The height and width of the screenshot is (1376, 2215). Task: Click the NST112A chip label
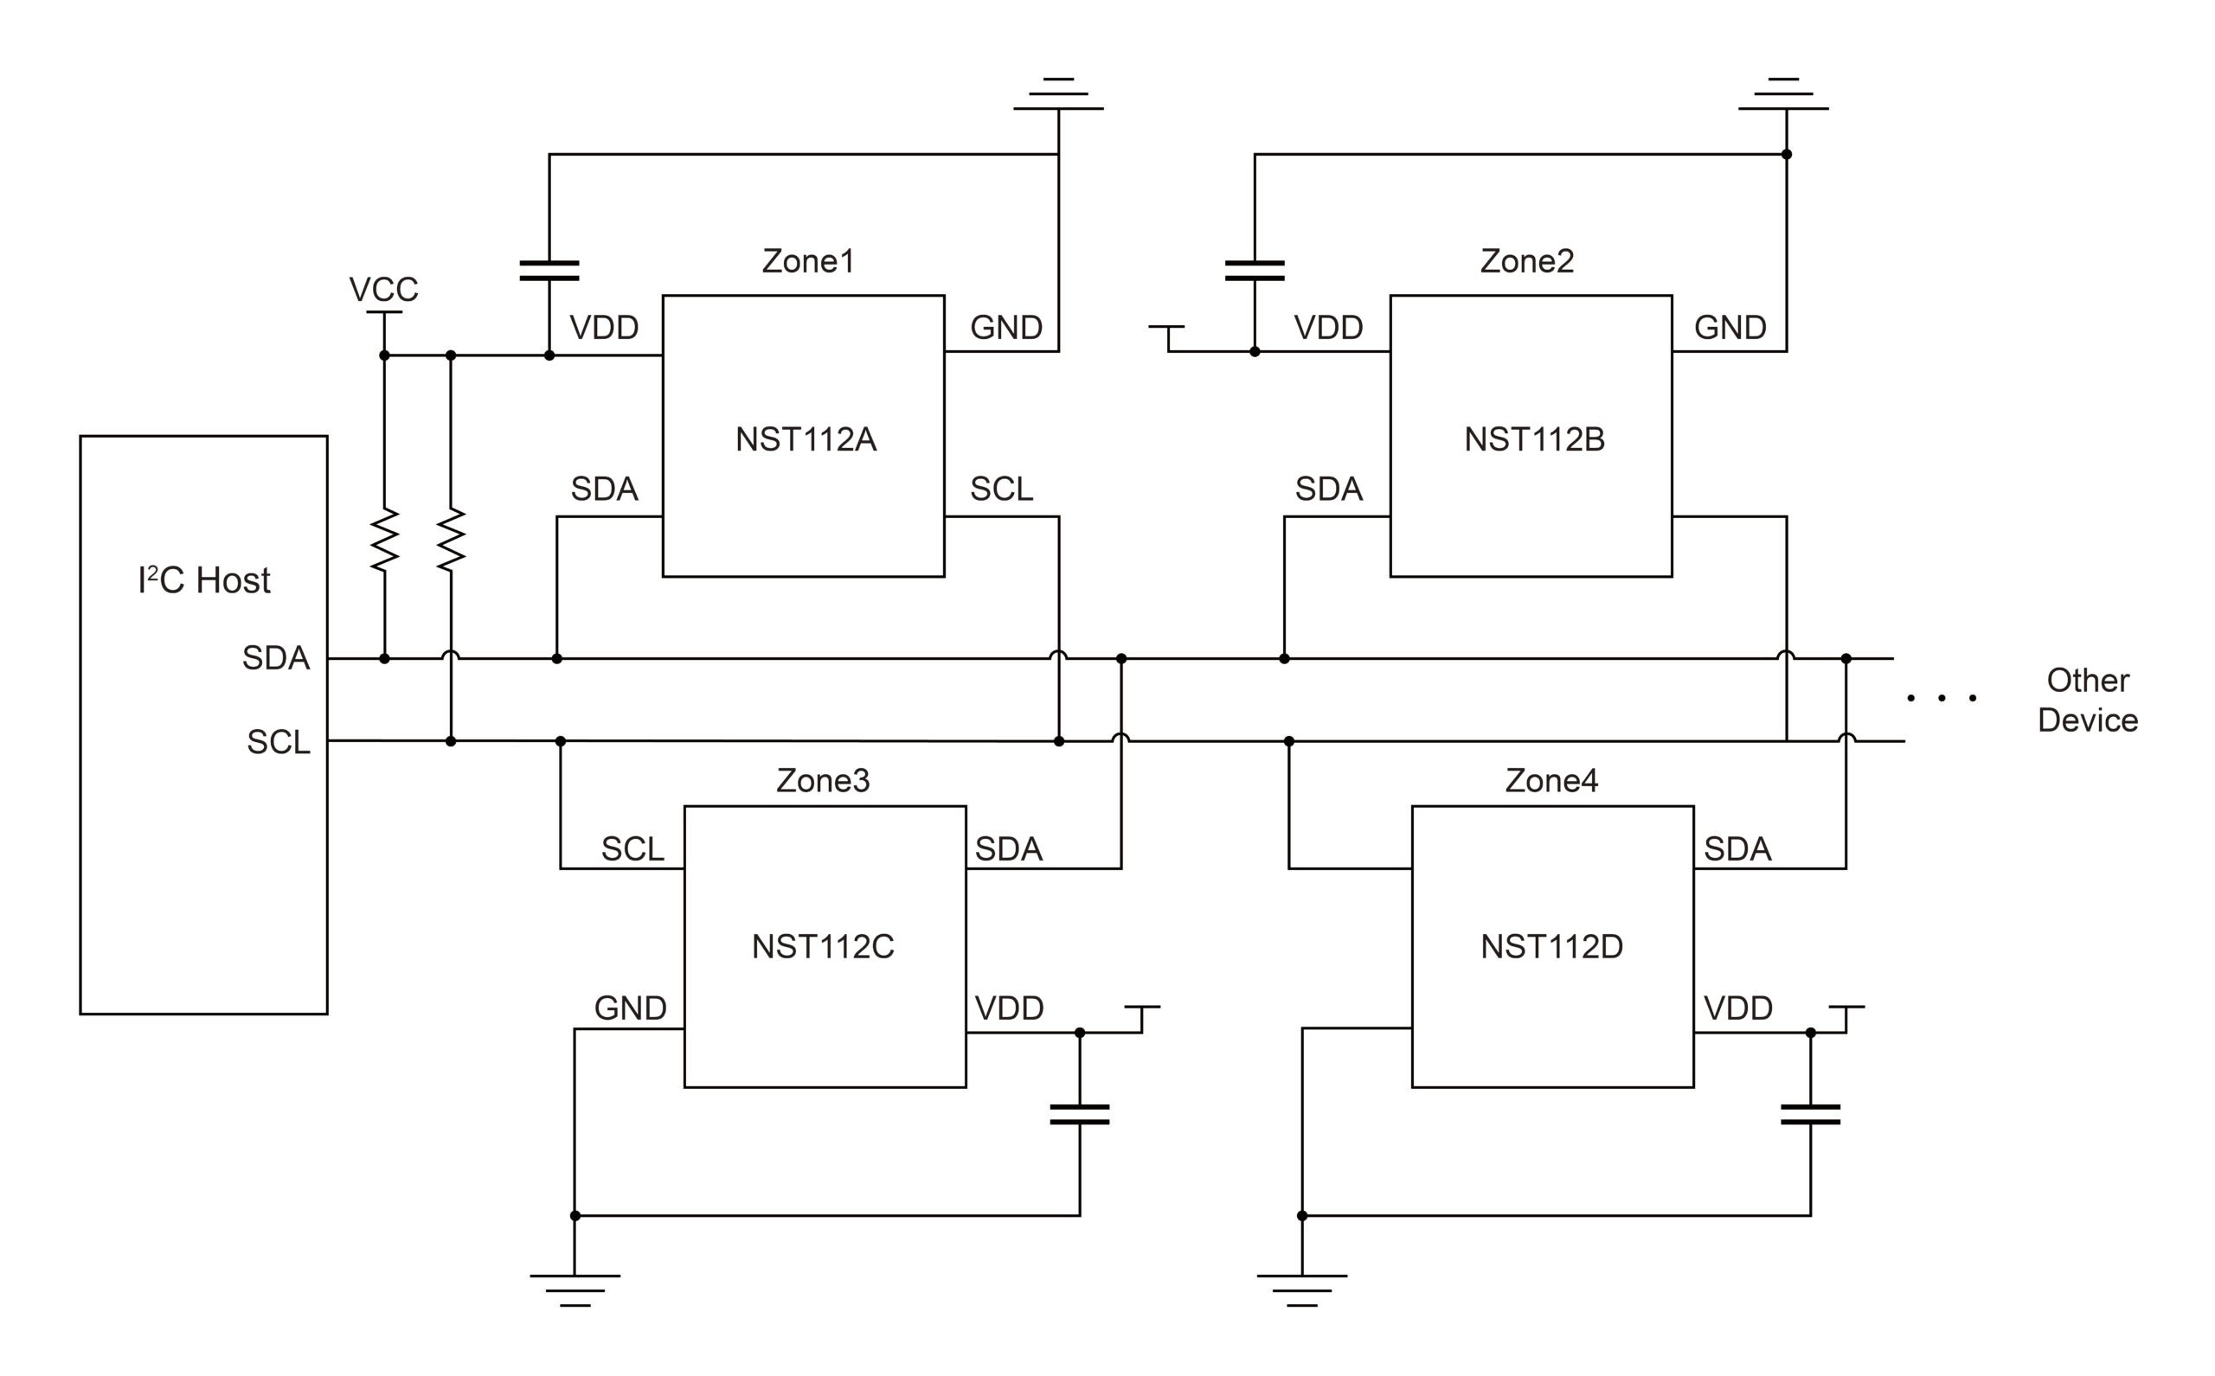[x=806, y=439]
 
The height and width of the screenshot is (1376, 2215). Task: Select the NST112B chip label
[x=1534, y=439]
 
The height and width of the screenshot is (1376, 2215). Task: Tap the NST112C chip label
[x=823, y=946]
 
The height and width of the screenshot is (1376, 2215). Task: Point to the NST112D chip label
[x=1551, y=946]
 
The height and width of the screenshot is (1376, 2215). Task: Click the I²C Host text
[x=204, y=580]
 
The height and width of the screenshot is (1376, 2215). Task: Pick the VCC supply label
[x=383, y=290]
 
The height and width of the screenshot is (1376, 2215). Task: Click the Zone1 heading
[x=808, y=261]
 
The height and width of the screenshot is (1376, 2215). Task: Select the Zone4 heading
[x=1551, y=781]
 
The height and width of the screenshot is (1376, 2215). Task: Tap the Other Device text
[x=2087, y=700]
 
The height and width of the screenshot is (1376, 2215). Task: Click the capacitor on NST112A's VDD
[x=549, y=271]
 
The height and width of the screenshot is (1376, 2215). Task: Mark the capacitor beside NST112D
[x=1810, y=1115]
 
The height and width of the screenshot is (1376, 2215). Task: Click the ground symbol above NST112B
[x=1783, y=94]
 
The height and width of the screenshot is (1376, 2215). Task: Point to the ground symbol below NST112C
[x=575, y=1290]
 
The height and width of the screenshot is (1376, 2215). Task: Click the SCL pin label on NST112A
[x=1001, y=490]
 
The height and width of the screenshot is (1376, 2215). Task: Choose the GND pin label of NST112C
[x=630, y=1008]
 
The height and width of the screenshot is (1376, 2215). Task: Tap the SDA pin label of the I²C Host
[x=275, y=658]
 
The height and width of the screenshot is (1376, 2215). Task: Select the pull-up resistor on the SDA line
[x=384, y=540]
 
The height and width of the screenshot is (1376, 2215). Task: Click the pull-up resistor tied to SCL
[x=451, y=540]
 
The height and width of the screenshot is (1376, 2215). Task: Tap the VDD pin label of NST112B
[x=1328, y=328]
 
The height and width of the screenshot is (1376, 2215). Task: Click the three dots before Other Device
[x=1941, y=698]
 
